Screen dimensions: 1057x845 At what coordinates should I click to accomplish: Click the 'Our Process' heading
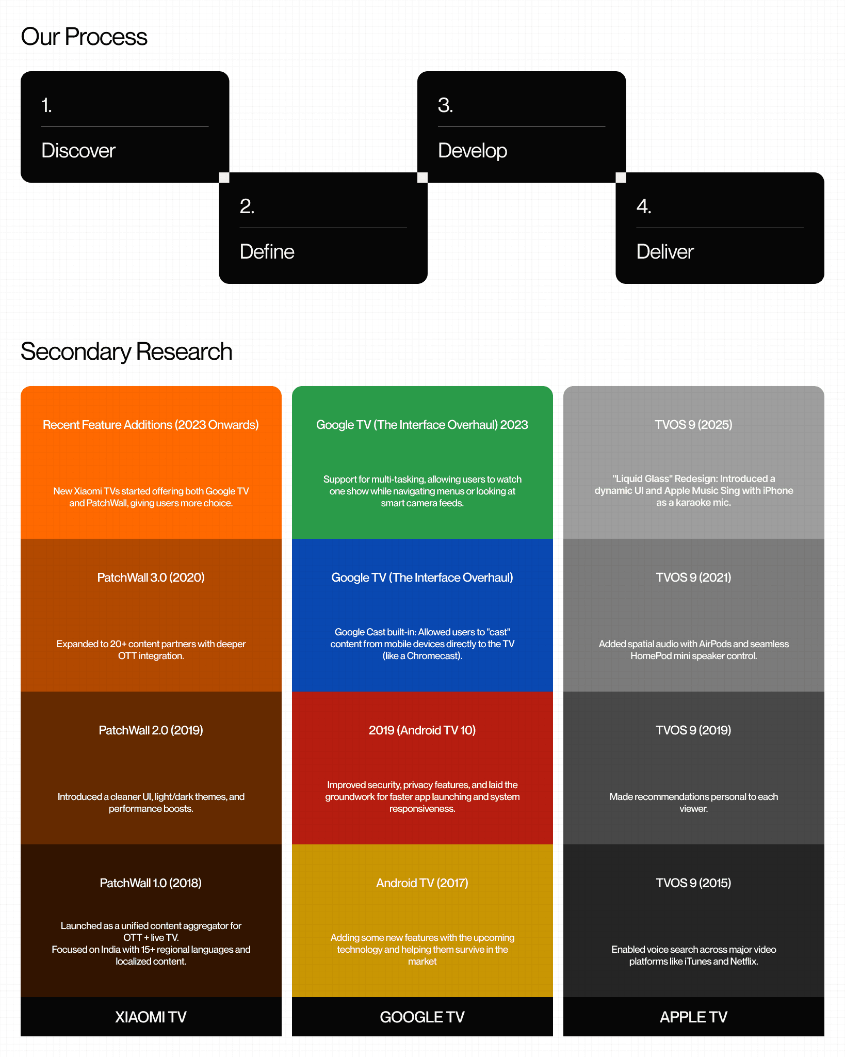[x=84, y=37]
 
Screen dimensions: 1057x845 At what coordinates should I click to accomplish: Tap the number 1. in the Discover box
[x=46, y=105]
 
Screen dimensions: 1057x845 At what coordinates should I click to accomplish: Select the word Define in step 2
[x=267, y=252]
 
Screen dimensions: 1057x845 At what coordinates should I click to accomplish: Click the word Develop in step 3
[x=472, y=151]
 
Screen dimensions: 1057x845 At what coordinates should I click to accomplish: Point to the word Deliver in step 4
[x=664, y=252]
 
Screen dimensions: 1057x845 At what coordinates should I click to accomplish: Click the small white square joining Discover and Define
[x=224, y=178]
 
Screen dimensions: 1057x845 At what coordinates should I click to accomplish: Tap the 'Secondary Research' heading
[x=126, y=352]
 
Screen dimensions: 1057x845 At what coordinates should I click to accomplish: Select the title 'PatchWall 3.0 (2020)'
[x=151, y=578]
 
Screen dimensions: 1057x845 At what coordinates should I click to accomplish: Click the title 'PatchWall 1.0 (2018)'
[x=151, y=883]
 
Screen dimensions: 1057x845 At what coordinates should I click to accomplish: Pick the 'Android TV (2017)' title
[x=422, y=883]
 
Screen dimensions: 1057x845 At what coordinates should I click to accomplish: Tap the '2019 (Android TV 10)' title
[x=422, y=730]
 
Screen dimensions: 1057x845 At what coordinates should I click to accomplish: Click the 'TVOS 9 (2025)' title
[x=693, y=425]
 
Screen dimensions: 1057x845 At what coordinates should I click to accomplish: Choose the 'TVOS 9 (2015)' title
[x=693, y=883]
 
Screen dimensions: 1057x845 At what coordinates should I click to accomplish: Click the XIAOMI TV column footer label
[x=151, y=1017]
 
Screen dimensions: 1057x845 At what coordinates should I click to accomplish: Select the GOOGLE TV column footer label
[x=422, y=1017]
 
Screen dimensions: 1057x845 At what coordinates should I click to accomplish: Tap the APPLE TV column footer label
[x=693, y=1017]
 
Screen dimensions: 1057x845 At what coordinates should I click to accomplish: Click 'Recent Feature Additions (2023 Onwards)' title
[x=151, y=425]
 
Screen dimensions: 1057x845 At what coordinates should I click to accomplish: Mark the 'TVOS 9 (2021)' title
[x=693, y=578]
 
